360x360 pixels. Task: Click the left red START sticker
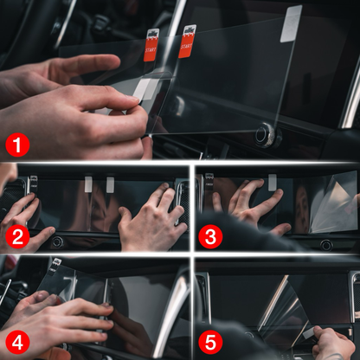tap(151, 45)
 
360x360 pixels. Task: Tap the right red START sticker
tap(187, 41)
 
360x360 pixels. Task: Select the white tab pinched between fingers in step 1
tap(145, 89)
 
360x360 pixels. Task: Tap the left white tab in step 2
tap(88, 183)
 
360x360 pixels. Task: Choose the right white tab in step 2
tap(110, 183)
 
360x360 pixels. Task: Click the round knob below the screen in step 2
tap(56, 242)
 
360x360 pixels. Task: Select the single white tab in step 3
tap(273, 181)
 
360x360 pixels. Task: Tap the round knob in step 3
tap(326, 245)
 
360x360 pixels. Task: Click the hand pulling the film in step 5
tap(333, 342)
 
